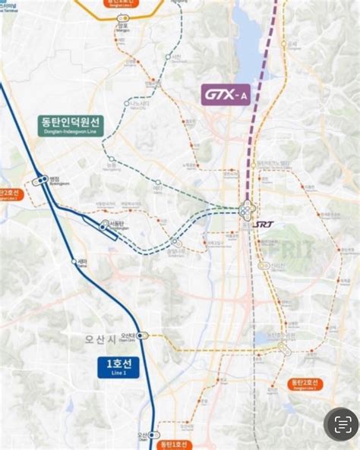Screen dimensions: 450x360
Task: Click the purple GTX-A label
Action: (226, 95)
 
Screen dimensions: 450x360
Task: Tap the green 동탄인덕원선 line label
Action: (72, 124)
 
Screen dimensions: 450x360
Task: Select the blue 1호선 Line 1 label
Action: (118, 367)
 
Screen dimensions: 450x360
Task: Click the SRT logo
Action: (265, 224)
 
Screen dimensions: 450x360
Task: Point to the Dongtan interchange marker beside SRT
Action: (248, 212)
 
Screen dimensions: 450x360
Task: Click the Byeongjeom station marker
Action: (40, 181)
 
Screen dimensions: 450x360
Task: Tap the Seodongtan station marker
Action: (106, 224)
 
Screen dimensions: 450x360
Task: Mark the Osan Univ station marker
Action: (142, 335)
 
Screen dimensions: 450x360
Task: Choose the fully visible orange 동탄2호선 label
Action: (306, 385)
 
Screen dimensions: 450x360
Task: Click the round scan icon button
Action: (341, 424)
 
